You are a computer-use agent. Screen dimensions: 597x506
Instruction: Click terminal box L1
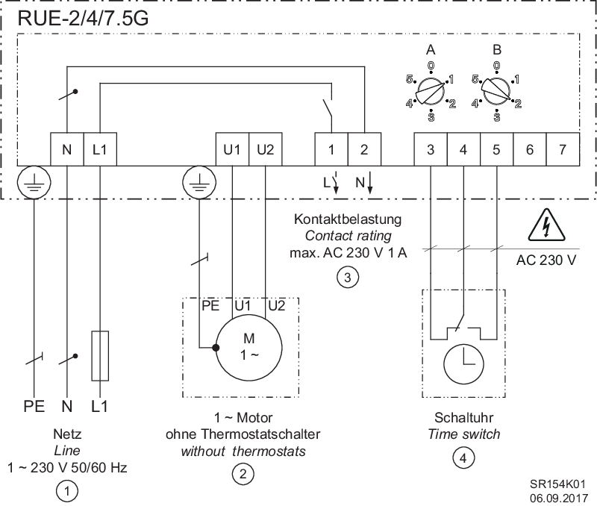(x=100, y=149)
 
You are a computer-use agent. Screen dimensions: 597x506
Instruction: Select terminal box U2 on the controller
(x=266, y=149)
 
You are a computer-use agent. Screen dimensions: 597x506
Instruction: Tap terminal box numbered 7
(x=563, y=149)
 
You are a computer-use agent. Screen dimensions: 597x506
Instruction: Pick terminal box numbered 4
(x=463, y=149)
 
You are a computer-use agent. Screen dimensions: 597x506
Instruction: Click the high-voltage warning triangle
(x=546, y=225)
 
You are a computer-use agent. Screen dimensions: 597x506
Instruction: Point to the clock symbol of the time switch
(x=463, y=364)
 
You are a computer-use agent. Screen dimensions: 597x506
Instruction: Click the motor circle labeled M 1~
(x=249, y=348)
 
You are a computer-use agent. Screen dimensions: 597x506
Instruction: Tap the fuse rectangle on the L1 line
(x=100, y=355)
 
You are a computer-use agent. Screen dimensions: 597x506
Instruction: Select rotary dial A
(x=431, y=91)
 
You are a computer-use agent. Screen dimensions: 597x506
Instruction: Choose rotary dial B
(x=496, y=91)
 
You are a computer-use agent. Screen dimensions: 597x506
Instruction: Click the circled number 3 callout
(x=347, y=277)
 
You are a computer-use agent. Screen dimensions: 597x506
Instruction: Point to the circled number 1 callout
(x=67, y=491)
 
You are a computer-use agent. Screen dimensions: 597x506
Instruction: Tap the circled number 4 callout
(x=463, y=457)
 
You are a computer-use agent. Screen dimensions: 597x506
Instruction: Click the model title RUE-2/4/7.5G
(x=83, y=19)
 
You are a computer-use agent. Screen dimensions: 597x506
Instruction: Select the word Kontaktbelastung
(x=348, y=219)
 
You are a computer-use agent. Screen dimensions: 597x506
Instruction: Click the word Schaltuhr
(x=463, y=418)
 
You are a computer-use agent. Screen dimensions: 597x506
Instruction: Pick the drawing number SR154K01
(x=557, y=484)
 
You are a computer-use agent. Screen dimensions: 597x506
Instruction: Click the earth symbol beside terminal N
(x=34, y=182)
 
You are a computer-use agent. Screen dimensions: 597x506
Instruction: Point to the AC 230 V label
(x=546, y=260)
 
